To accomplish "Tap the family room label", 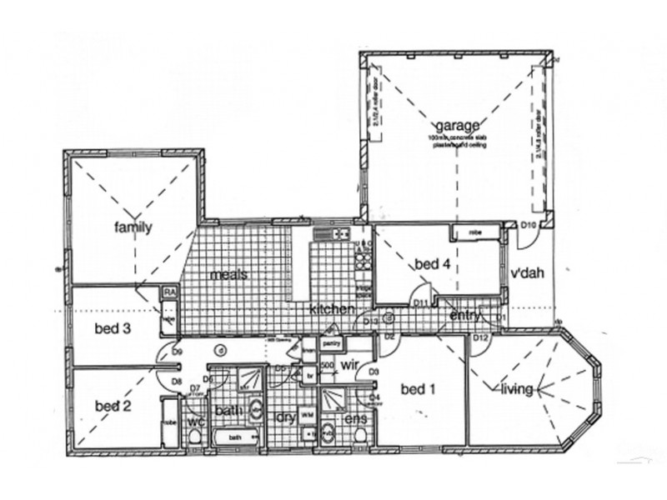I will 133,227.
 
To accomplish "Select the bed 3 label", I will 113,328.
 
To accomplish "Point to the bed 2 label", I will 114,406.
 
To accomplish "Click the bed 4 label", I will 434,264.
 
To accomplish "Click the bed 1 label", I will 419,389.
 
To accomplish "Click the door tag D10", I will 528,225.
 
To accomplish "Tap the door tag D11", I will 422,302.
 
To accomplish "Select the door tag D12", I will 480,337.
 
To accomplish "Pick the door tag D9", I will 178,353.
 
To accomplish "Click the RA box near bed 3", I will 169,292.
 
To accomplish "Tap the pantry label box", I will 328,342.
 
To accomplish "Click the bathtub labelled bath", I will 236,437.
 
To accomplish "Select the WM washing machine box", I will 307,414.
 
